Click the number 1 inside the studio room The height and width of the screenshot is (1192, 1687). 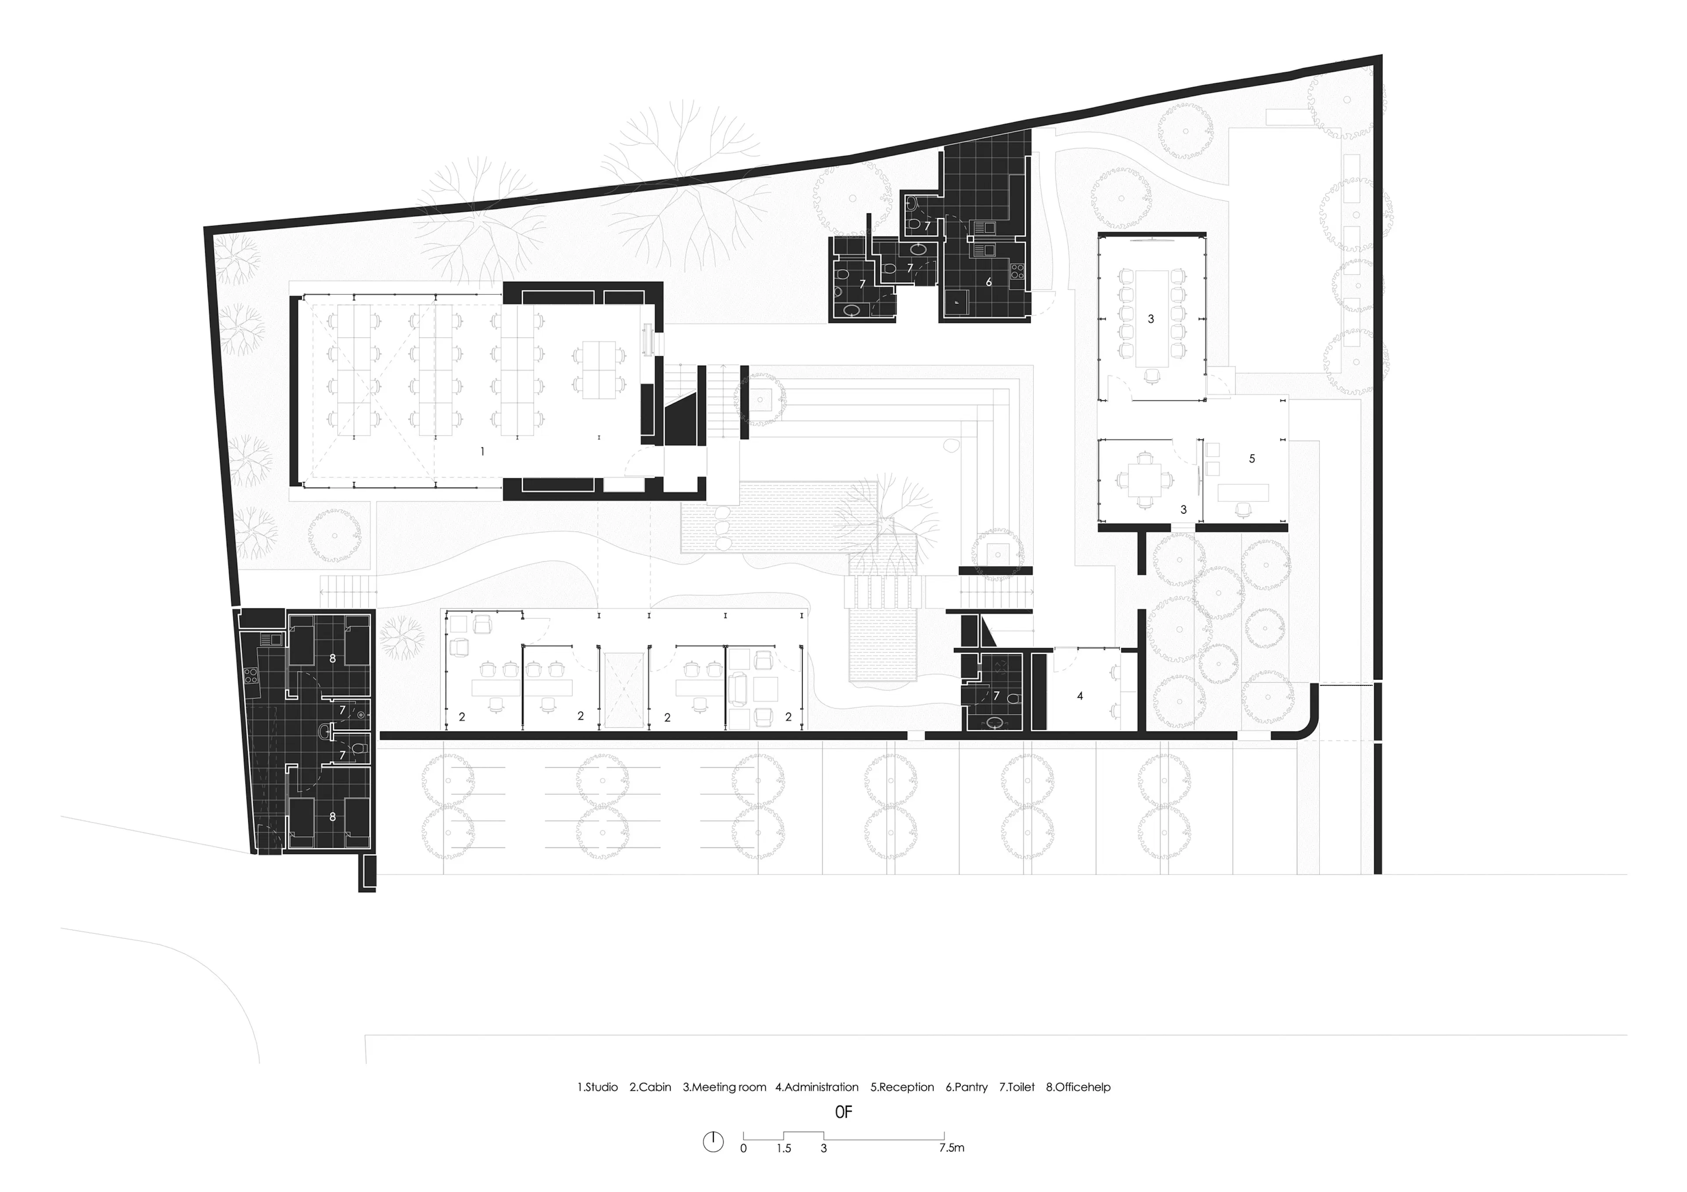482,452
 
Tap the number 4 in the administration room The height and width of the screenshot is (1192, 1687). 1080,695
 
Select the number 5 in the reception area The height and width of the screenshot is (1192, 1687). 1252,458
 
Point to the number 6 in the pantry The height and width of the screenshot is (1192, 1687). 989,282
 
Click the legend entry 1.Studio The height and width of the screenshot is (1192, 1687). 597,1087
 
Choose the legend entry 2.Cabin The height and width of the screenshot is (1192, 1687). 650,1087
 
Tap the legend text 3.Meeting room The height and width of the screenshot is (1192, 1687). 724,1087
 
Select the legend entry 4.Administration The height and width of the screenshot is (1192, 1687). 817,1087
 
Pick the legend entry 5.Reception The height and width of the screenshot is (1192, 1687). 902,1087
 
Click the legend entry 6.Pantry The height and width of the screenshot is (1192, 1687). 967,1087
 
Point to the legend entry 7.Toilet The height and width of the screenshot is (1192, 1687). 1017,1087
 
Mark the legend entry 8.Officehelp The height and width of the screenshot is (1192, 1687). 1079,1087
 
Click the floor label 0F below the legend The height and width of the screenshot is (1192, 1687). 843,1112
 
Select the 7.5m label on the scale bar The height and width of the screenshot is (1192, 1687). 952,1148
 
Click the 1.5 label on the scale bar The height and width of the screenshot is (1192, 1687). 784,1149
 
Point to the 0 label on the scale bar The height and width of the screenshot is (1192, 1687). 744,1149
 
